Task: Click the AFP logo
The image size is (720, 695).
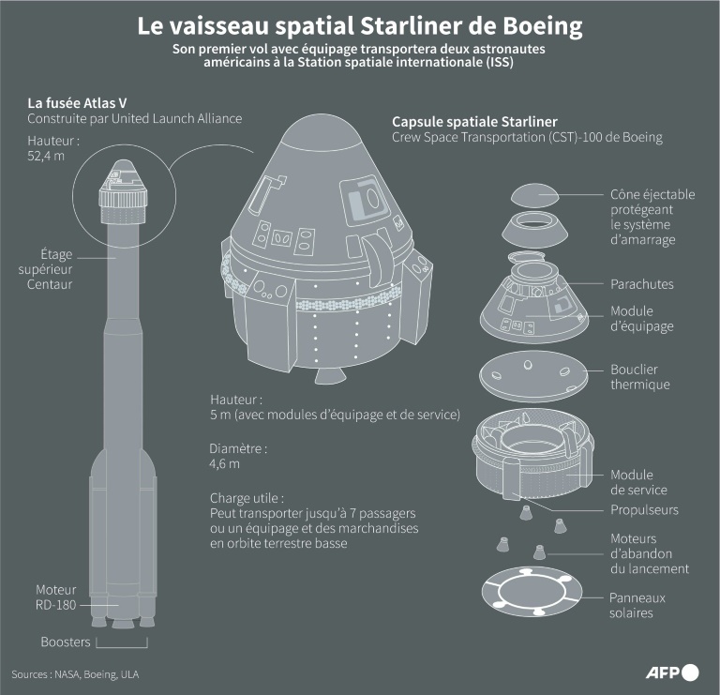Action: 672,672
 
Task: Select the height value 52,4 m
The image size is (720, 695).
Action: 48,156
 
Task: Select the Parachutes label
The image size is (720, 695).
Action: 641,283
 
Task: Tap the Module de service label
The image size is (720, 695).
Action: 638,483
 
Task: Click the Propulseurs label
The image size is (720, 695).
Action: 644,510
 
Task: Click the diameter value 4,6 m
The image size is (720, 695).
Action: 225,463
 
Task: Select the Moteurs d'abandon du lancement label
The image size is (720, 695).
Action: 650,553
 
